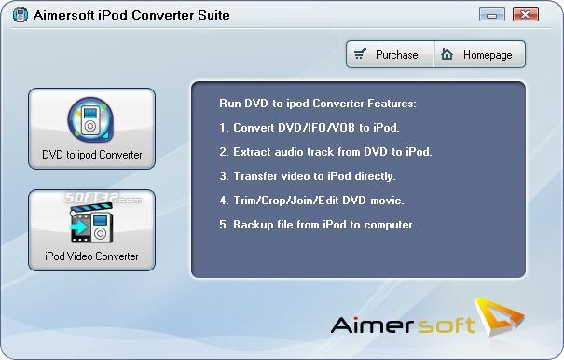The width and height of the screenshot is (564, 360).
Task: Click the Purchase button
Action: [391, 54]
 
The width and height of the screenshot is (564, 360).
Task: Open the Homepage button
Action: [480, 54]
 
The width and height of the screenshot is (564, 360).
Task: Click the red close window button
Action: [526, 15]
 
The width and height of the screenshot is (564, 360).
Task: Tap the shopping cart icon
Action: [360, 54]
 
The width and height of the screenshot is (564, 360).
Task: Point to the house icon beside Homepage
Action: [447, 54]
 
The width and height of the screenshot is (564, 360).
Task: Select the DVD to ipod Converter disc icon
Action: [90, 119]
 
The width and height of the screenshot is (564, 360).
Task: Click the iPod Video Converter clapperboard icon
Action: [92, 223]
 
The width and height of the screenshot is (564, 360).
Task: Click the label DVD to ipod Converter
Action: [92, 155]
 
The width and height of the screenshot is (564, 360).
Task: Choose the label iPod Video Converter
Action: [91, 256]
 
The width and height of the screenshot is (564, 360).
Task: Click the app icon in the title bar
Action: [21, 15]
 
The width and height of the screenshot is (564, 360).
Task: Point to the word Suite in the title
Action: [213, 15]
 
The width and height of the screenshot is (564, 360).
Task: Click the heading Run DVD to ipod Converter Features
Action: [318, 104]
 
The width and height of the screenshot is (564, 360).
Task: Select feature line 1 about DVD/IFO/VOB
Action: [310, 128]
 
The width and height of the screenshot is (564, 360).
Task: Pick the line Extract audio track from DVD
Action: [325, 152]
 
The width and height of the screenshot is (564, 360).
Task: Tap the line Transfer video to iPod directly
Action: [308, 176]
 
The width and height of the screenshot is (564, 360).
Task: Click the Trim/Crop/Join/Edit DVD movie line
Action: [312, 201]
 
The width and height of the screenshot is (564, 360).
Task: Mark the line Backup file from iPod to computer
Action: [317, 225]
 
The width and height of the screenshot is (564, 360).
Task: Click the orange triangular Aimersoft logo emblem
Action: [500, 316]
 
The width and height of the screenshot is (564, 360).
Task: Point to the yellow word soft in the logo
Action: [445, 325]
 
